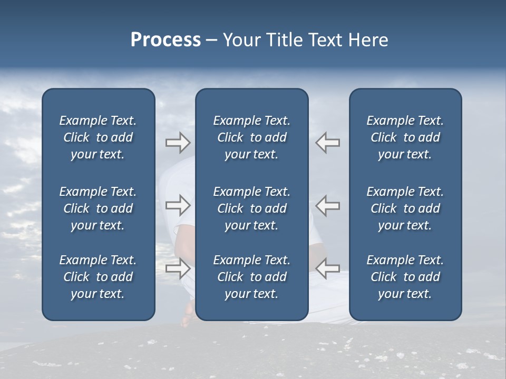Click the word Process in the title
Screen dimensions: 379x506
pos(166,40)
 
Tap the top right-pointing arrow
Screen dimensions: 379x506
pos(178,143)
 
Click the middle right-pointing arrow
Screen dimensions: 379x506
pos(178,205)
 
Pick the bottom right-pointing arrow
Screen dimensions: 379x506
pos(178,268)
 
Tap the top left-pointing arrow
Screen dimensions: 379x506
pos(327,143)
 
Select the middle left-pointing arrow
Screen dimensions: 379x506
pos(327,205)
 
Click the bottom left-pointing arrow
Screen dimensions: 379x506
pos(327,268)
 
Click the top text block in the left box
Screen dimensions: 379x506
pos(98,137)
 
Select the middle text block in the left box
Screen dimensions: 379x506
pos(98,208)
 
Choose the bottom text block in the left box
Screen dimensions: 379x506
pos(98,277)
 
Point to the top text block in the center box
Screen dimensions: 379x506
pos(251,137)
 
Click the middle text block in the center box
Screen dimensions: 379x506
pos(251,208)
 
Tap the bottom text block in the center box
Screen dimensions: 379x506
pos(251,277)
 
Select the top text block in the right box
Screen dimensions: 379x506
pos(405,137)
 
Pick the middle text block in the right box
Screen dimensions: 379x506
pos(405,208)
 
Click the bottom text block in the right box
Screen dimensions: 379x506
pos(405,277)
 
